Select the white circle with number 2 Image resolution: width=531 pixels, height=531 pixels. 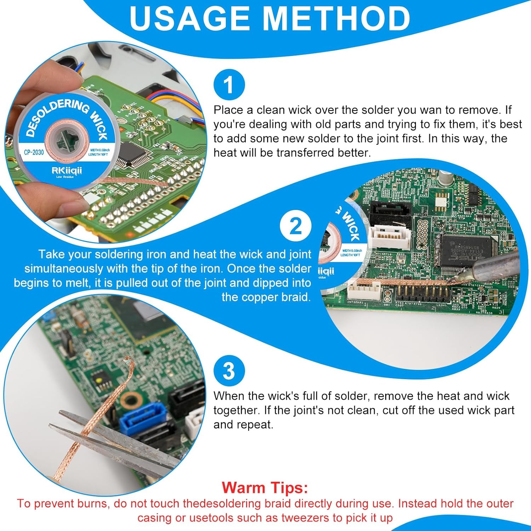pyautogui.click(x=296, y=226)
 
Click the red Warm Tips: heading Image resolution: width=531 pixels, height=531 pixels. pyautogui.click(x=265, y=487)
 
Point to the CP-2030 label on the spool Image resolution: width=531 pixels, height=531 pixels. pyautogui.click(x=34, y=152)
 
